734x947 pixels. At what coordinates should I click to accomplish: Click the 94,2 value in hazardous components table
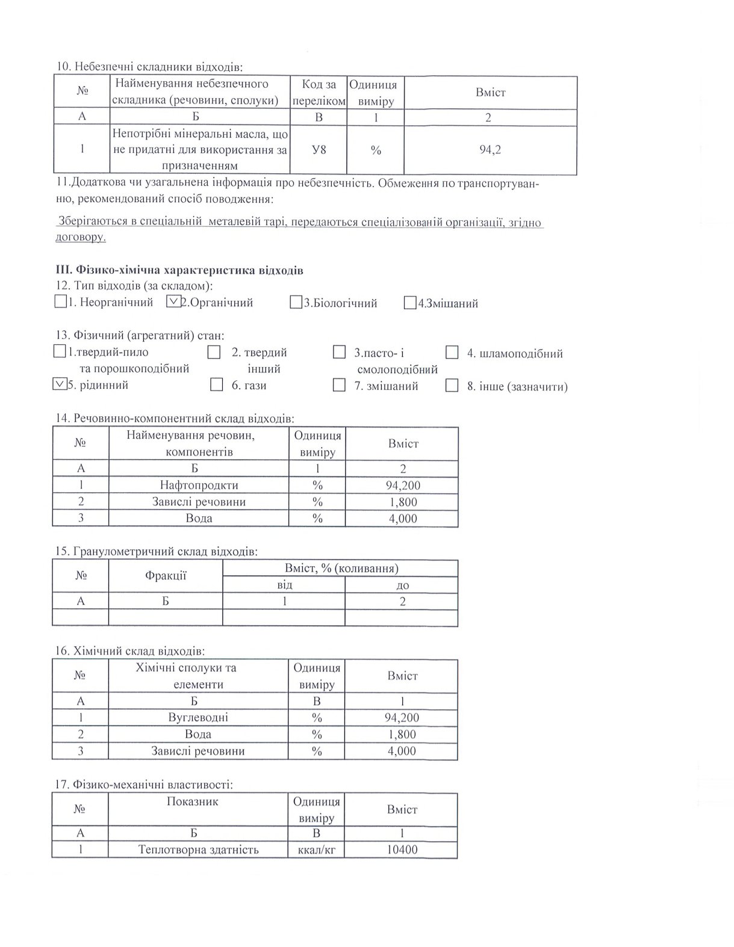(490, 149)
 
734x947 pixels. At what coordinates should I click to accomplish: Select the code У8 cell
(319, 149)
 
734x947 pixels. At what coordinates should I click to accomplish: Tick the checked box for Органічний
(173, 301)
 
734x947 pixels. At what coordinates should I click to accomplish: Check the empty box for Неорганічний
(60, 301)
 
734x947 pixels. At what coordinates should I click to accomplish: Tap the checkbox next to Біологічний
(295, 302)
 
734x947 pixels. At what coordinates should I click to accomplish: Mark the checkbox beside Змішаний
(410, 303)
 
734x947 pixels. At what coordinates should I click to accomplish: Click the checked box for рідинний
(59, 384)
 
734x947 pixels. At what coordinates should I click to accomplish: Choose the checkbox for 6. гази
(216, 385)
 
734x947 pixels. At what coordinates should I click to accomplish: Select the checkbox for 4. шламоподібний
(452, 353)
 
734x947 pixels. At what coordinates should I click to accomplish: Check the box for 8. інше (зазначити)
(452, 386)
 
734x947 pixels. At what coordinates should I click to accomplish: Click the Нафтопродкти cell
(199, 485)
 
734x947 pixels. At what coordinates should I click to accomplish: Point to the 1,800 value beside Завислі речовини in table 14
(403, 502)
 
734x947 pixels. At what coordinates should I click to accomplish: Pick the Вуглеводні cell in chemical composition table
(198, 717)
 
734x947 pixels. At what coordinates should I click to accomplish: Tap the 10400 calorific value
(402, 850)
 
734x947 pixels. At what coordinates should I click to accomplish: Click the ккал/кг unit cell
(316, 850)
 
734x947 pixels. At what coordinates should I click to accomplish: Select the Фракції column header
(166, 576)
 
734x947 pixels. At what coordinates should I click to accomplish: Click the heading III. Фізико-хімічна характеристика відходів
(179, 270)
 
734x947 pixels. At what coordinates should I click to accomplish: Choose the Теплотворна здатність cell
(198, 850)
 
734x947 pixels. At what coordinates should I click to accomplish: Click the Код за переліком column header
(319, 92)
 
